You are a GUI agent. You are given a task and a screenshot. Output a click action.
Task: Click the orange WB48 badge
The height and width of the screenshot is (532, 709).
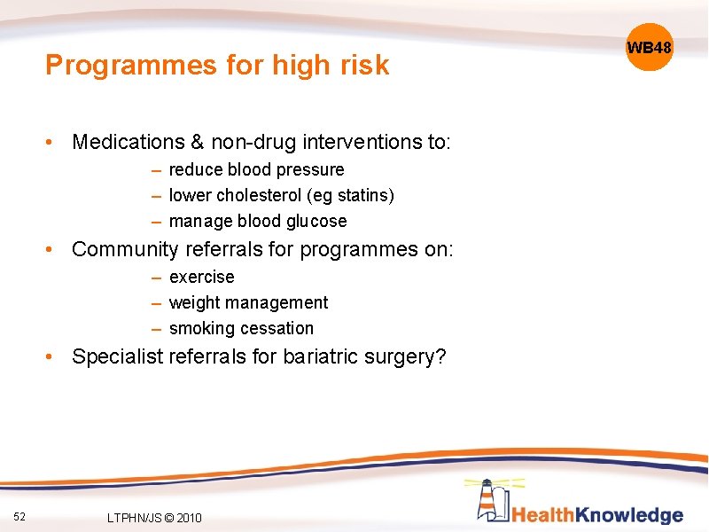pyautogui.click(x=650, y=47)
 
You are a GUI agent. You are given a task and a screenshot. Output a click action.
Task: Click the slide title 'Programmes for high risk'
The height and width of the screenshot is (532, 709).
pyautogui.click(x=217, y=65)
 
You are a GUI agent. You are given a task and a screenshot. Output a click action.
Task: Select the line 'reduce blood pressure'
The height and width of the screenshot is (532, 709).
pyautogui.click(x=256, y=169)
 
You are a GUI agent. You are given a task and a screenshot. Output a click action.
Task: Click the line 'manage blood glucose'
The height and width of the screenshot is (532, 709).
pyautogui.click(x=257, y=221)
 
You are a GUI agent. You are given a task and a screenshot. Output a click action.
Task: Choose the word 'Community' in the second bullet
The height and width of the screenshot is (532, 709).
pyautogui.click(x=125, y=249)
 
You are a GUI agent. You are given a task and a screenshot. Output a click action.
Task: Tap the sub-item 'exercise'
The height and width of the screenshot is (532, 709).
pyautogui.click(x=201, y=277)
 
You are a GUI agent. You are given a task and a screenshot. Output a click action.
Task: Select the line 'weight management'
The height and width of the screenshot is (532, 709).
pyautogui.click(x=248, y=302)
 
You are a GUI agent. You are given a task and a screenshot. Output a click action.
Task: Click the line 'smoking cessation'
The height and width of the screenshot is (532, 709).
pyautogui.click(x=241, y=328)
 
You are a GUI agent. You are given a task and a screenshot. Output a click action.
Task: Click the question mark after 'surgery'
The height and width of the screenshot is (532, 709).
pyautogui.click(x=440, y=356)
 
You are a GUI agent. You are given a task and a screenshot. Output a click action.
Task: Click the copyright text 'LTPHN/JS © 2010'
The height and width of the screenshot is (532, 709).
pyautogui.click(x=153, y=518)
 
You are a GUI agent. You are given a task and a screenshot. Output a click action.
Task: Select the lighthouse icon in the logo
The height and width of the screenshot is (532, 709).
pyautogui.click(x=491, y=498)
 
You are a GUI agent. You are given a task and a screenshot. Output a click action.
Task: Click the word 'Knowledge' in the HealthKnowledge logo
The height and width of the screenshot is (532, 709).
pyautogui.click(x=630, y=515)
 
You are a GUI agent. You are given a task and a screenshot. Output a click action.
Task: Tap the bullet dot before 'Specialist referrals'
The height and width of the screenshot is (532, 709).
pyautogui.click(x=55, y=357)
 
